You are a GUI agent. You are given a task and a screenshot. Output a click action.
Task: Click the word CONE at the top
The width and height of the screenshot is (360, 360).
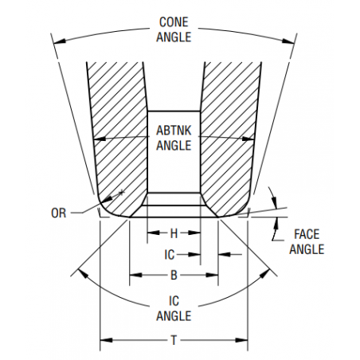(174, 22)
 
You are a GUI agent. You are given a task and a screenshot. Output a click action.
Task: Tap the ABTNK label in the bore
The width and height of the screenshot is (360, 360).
(174, 131)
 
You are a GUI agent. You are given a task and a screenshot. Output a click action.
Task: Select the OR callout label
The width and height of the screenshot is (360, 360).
(58, 213)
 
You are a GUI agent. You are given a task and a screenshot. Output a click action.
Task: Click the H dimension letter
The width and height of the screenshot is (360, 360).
(174, 233)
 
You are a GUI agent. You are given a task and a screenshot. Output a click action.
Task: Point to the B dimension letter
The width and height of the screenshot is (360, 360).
(174, 276)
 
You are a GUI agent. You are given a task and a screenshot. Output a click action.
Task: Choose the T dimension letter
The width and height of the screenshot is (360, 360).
(174, 340)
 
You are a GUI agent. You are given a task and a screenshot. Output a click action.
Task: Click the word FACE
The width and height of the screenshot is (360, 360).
(307, 234)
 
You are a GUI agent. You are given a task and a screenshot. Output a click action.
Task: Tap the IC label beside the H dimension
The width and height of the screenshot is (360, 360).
(170, 255)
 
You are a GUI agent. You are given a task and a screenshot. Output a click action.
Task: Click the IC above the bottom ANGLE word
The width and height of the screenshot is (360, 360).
(174, 301)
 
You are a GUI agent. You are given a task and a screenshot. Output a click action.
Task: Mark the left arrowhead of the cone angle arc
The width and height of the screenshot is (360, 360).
(60, 41)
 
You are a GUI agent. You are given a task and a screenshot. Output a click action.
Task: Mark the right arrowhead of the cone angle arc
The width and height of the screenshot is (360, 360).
(288, 41)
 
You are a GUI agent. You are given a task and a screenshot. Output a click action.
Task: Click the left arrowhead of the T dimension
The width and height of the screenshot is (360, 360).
(106, 340)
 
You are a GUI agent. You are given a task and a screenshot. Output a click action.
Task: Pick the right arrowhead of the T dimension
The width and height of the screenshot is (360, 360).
(241, 340)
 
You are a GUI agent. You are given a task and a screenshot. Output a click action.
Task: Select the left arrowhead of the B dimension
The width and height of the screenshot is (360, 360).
(135, 275)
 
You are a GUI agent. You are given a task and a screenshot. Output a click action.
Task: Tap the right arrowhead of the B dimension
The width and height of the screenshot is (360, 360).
(212, 275)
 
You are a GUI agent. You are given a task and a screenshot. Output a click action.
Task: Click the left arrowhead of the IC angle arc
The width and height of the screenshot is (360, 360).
(83, 273)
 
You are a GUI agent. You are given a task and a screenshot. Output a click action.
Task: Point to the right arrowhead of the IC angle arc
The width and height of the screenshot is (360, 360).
(264, 273)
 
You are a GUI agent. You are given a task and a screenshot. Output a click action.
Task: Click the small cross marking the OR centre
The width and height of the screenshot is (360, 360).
(122, 192)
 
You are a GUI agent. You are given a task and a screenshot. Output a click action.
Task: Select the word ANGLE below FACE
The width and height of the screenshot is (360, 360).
(307, 249)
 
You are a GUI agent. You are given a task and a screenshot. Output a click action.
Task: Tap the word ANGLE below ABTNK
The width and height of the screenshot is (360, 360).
(174, 146)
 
